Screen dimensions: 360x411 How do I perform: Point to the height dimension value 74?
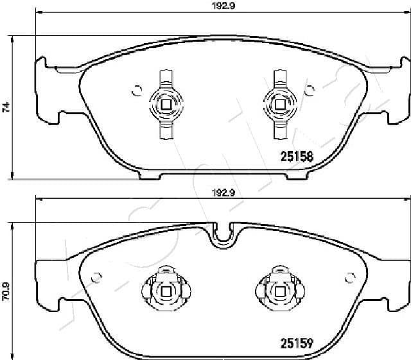6,107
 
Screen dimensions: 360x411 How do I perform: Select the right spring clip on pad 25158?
279,103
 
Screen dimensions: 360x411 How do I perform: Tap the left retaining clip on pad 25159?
165,291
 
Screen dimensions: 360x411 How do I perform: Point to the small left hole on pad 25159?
98,277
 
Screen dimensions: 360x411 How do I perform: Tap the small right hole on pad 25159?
350,277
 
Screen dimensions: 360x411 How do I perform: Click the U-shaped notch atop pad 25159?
222,235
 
